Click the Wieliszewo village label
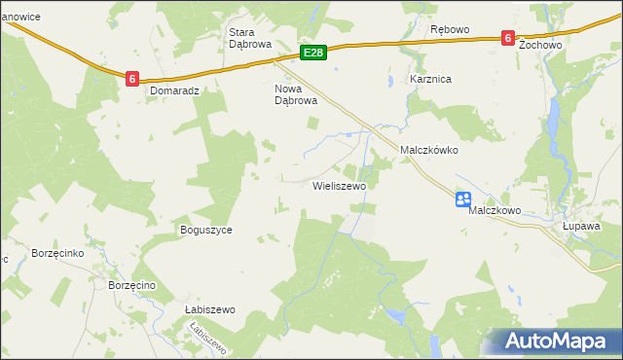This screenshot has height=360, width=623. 338,185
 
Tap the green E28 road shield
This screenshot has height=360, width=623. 312,52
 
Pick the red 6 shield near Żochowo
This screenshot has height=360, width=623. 508,37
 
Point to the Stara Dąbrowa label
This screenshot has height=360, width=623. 247,37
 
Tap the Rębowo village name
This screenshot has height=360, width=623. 450,29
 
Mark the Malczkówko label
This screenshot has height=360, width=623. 429,151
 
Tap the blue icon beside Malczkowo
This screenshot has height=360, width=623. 463,200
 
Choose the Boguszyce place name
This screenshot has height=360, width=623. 205,231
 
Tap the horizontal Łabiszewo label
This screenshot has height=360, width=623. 210,309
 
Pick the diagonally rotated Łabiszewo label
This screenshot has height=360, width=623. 208,338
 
